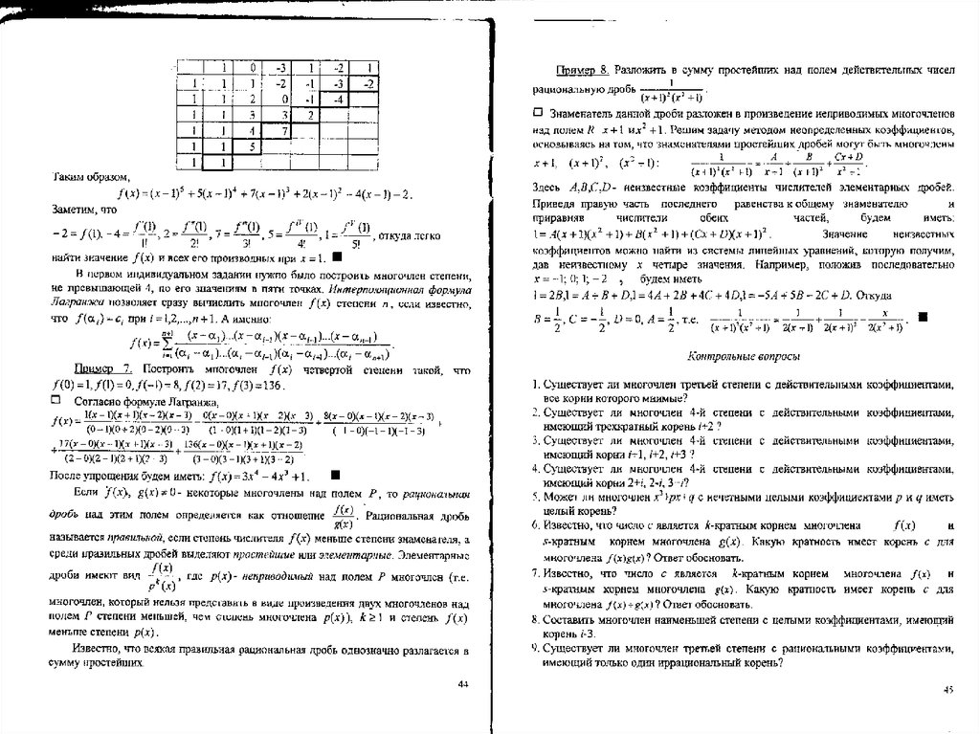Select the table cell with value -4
point(340,98)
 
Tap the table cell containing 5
point(252,146)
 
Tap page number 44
point(463,683)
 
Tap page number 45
point(949,688)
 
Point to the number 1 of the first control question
point(537,384)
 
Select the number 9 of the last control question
point(537,648)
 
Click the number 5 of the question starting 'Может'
point(537,498)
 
